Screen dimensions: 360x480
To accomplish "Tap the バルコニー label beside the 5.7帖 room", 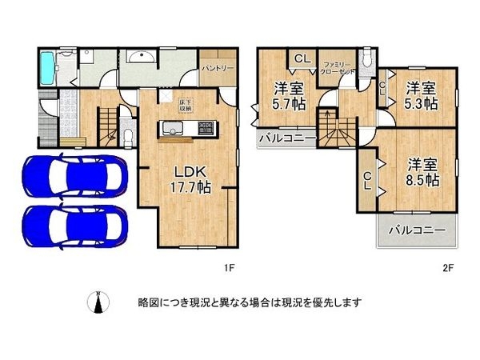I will (x=287, y=138).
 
